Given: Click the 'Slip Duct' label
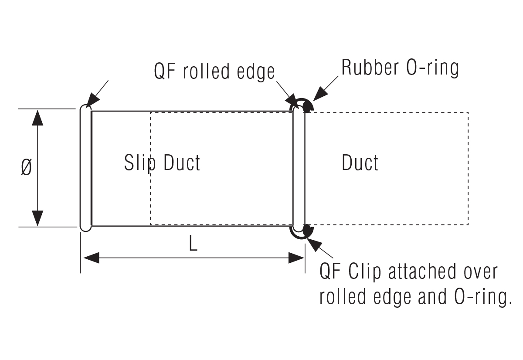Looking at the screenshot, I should [162, 163].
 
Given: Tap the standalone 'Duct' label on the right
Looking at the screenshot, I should [360, 163].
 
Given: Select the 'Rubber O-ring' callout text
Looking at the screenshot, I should [400, 68].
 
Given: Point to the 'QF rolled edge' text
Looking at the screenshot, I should [214, 71].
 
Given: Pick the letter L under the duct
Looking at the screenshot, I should [193, 245].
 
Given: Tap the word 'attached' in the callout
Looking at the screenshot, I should [420, 272].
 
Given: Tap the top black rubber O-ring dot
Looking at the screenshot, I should [307, 107].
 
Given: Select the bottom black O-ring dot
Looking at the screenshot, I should [307, 230].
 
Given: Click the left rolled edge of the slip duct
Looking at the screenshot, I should [86, 168].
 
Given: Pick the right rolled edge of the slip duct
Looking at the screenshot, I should [299, 168].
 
